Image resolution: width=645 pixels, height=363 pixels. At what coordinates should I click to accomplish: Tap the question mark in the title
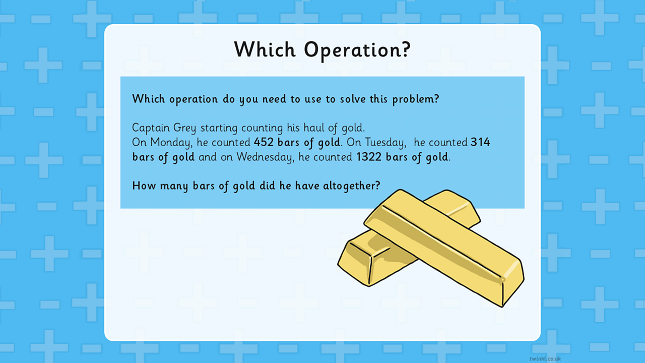click(406, 48)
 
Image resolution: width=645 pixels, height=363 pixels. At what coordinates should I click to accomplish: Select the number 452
click(264, 142)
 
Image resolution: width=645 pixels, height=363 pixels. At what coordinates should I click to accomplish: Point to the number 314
click(480, 142)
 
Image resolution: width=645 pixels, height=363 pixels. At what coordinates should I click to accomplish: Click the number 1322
click(369, 157)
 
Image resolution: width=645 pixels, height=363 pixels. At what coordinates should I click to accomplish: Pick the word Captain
click(151, 128)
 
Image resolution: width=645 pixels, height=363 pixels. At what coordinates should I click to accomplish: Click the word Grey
click(184, 128)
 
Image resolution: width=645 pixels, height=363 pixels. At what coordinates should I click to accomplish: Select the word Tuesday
click(385, 143)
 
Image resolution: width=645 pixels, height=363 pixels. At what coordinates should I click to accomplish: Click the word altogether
click(351, 186)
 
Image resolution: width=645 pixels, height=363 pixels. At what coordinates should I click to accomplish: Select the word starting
click(219, 128)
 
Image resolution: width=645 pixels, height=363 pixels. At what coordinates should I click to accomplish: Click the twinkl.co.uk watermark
click(545, 358)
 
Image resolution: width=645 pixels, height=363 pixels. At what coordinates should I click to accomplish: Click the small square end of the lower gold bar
click(354, 264)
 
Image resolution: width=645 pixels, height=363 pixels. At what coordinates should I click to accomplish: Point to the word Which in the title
click(265, 49)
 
